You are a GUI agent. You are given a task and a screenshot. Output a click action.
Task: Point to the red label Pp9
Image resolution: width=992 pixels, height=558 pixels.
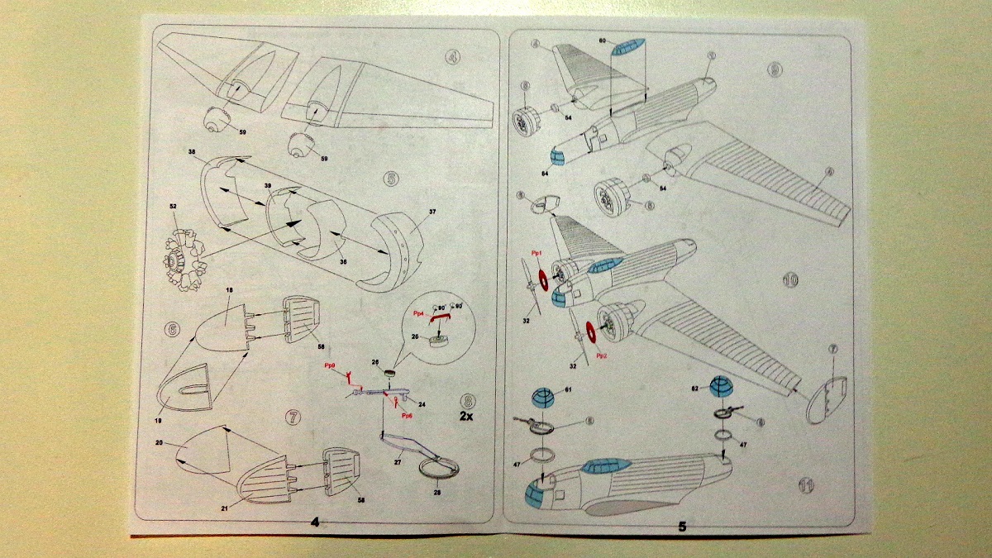click(x=330, y=365)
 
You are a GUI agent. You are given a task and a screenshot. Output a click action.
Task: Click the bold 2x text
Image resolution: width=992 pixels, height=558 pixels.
click(x=466, y=416)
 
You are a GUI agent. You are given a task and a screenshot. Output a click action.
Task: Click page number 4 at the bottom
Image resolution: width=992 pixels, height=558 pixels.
click(x=315, y=522)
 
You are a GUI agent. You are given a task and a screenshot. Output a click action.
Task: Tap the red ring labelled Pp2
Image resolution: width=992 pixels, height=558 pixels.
click(x=591, y=332)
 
